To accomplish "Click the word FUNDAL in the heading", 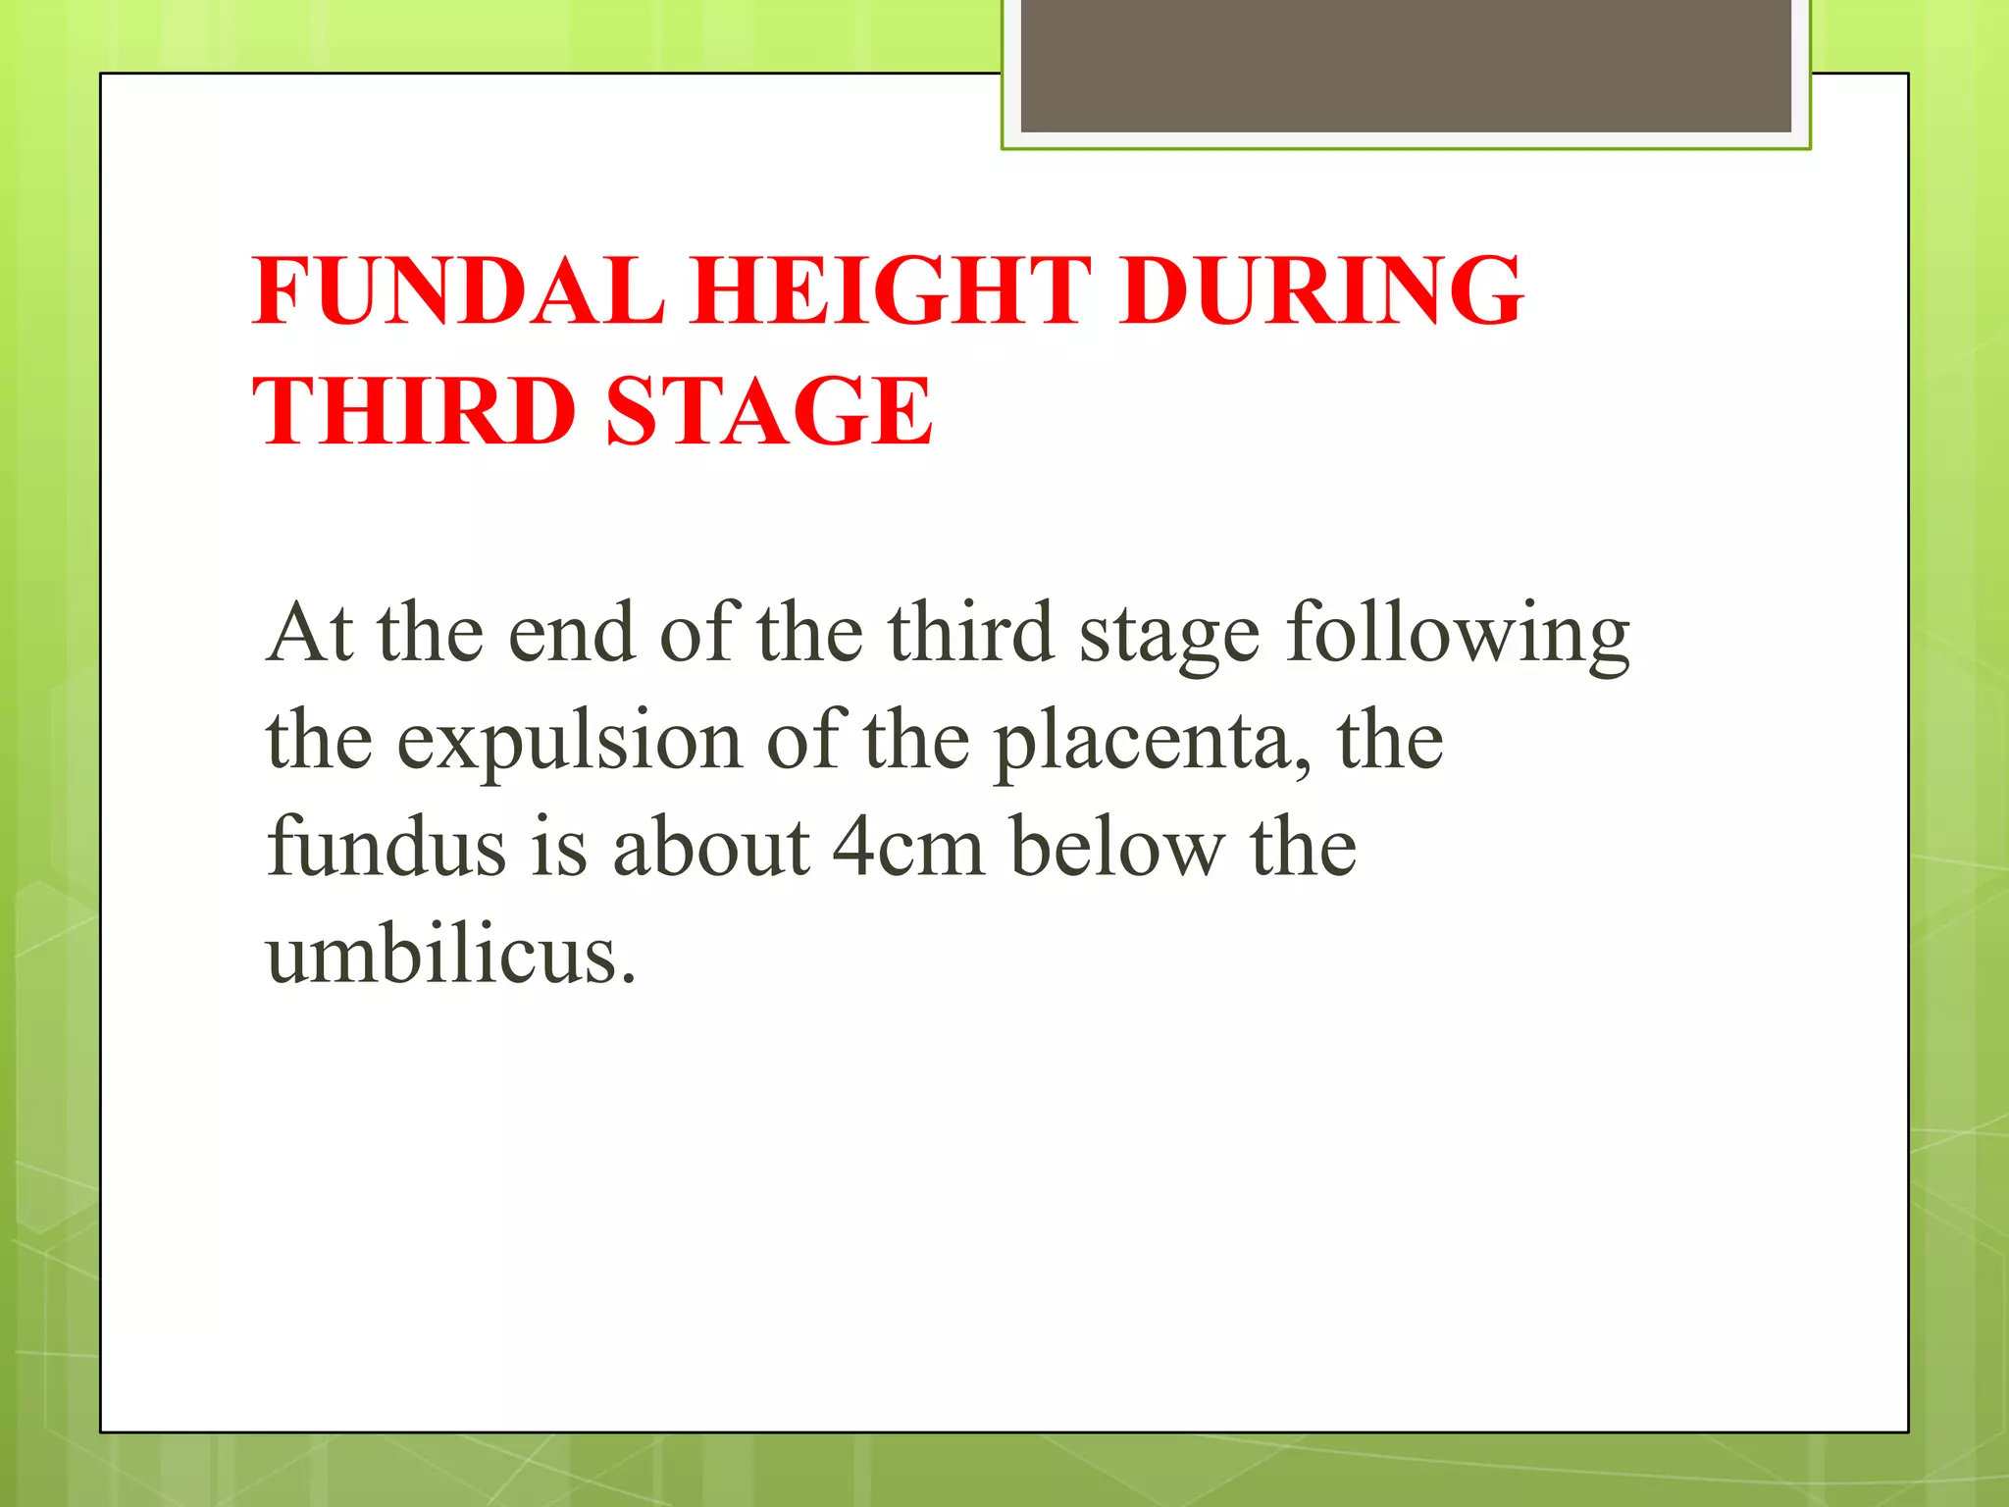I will [458, 290].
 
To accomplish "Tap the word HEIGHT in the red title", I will [891, 290].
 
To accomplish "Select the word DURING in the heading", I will [1320, 290].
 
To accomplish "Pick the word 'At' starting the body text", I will [310, 633].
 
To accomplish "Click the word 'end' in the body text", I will [571, 633].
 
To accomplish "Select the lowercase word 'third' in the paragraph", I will [970, 633].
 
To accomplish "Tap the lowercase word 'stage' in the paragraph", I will [1169, 638].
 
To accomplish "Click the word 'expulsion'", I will [569, 743].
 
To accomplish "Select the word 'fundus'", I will [386, 847].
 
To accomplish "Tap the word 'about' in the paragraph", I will [711, 847].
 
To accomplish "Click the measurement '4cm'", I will [907, 847].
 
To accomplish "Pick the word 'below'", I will [1117, 847].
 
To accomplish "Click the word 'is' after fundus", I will [559, 847].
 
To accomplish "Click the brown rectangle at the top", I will [1406, 67].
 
